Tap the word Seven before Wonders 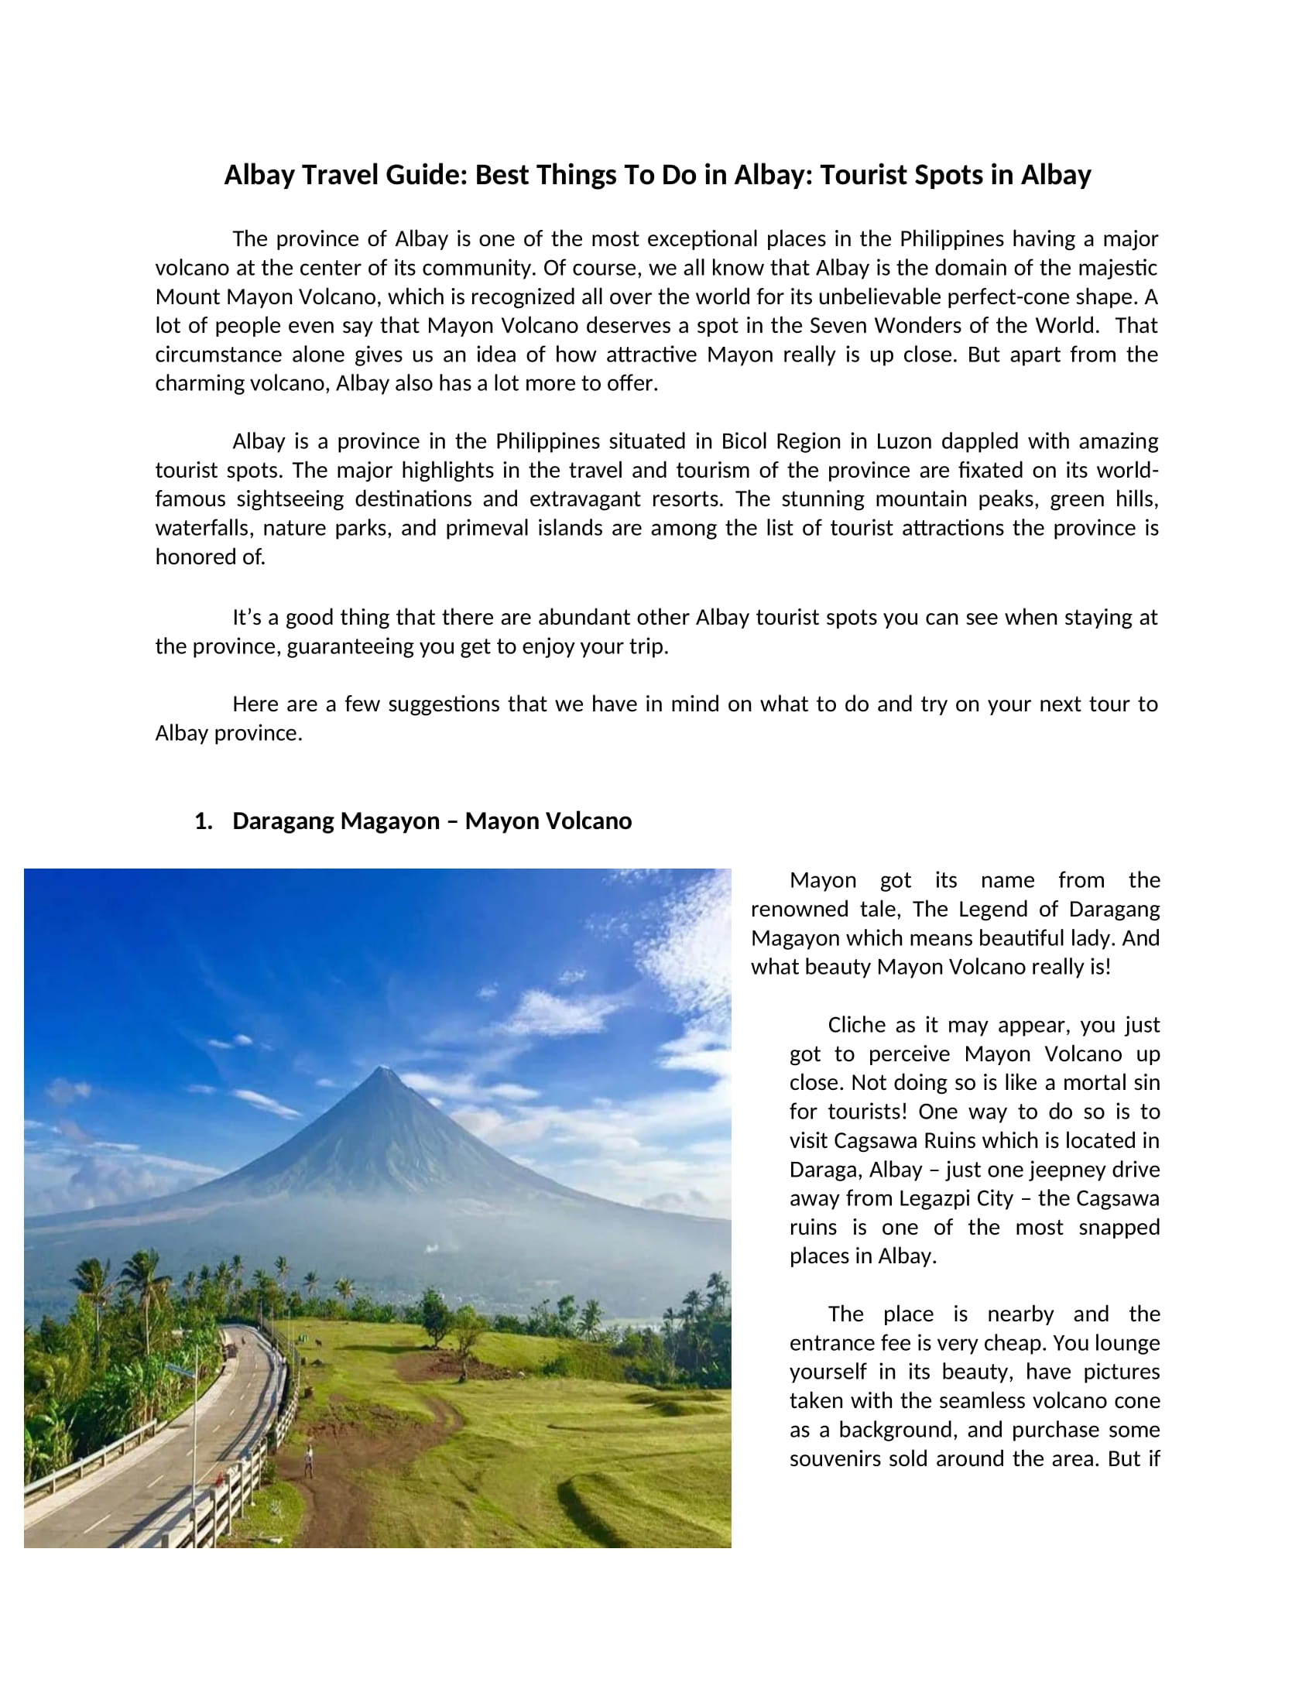835,325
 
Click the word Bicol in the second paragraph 744,441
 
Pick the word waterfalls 204,528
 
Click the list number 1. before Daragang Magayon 204,821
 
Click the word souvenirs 836,1459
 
